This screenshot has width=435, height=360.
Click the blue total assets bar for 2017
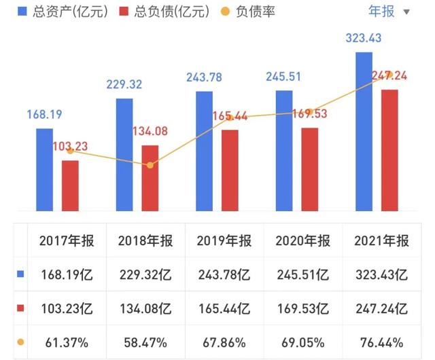pyautogui.click(x=44, y=169)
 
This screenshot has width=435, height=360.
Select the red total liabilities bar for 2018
pyautogui.click(x=150, y=178)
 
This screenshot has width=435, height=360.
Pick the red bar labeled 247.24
pyautogui.click(x=389, y=149)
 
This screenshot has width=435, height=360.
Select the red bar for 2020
pyautogui.click(x=310, y=169)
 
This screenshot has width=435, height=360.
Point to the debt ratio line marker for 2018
pyautogui.click(x=150, y=165)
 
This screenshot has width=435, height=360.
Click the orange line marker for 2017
pyautogui.click(x=70, y=151)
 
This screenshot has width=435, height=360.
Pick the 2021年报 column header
pyautogui.click(x=381, y=240)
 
